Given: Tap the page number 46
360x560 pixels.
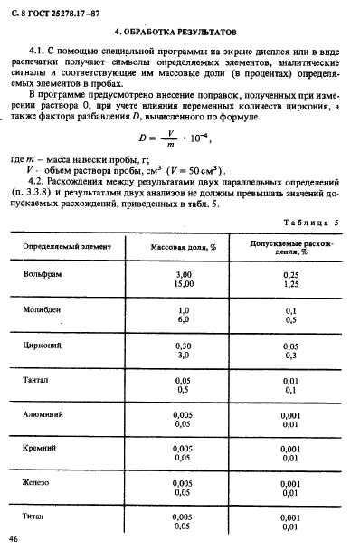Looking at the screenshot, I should click(x=14, y=539).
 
